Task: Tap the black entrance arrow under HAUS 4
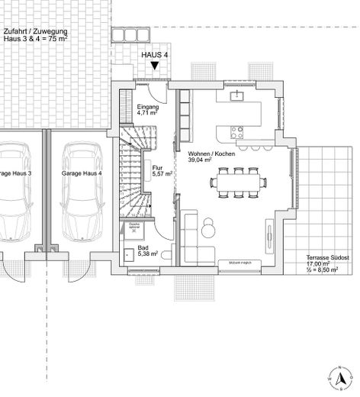[155, 67]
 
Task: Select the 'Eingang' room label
[147, 108]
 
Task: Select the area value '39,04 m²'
[201, 160]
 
